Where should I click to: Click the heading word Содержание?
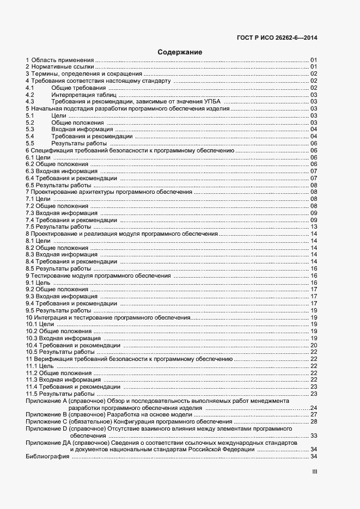click(x=180, y=52)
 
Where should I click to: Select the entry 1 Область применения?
click(x=60, y=59)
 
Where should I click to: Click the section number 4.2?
click(x=30, y=95)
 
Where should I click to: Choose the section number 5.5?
click(x=30, y=144)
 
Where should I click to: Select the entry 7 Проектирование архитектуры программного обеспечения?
click(x=109, y=192)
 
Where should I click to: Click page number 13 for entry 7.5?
click(x=314, y=227)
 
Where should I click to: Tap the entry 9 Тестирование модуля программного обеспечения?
click(x=99, y=276)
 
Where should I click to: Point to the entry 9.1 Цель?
click(x=39, y=283)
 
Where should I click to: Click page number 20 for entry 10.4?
click(x=314, y=345)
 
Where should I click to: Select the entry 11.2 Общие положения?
click(x=51, y=373)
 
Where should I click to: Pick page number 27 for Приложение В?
click(x=314, y=415)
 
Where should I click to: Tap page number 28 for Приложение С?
click(x=314, y=422)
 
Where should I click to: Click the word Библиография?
click(x=47, y=457)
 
